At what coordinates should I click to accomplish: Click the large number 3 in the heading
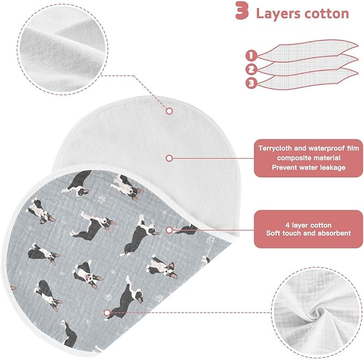[242, 11]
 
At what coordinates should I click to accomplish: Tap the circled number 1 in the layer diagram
[251, 55]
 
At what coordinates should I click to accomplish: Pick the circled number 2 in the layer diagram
[251, 69]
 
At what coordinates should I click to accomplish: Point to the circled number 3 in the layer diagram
[251, 83]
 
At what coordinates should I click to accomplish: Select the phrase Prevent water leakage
[309, 167]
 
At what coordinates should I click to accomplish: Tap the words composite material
[309, 158]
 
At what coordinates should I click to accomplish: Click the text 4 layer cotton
[308, 225]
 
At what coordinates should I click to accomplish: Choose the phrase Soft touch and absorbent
[308, 233]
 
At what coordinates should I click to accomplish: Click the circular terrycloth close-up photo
[63, 49]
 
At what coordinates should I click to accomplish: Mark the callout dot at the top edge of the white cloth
[169, 111]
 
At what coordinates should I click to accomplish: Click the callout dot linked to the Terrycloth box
[169, 158]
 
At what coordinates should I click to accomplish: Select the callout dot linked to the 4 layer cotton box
[169, 230]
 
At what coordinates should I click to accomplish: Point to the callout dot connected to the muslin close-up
[107, 313]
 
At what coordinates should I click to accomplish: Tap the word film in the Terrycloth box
[353, 148]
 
